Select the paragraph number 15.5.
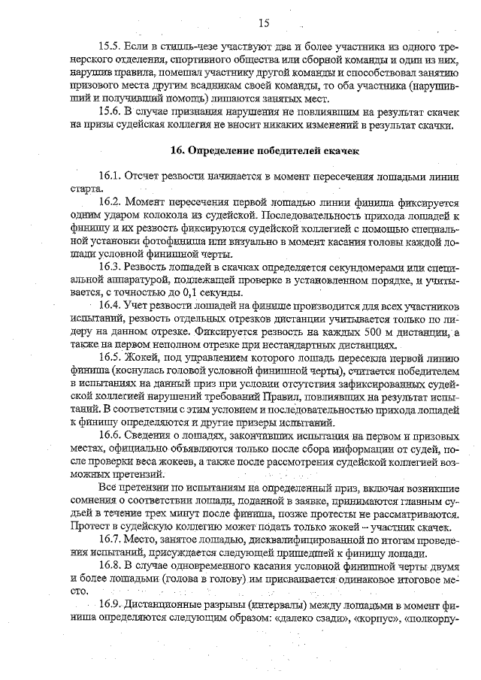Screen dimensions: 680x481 pyautogui.click(x=110, y=47)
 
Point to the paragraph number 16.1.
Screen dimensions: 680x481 pyautogui.click(x=110, y=176)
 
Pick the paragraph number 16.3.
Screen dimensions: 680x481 pyautogui.click(x=110, y=267)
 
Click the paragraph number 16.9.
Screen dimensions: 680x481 pyautogui.click(x=110, y=605)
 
